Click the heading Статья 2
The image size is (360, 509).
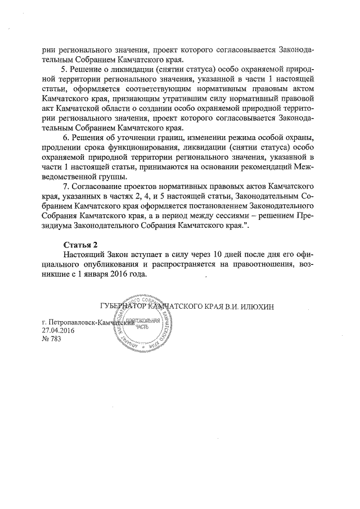81,245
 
